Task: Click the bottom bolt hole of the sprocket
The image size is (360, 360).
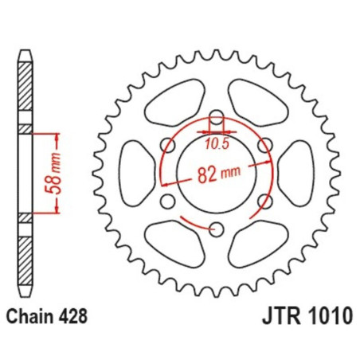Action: coord(216,229)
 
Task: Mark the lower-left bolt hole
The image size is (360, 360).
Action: coord(167,202)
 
